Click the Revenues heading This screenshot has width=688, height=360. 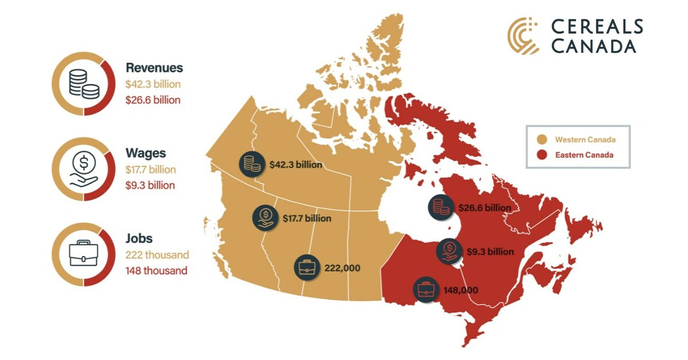(154, 68)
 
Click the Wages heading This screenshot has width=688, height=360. (146, 154)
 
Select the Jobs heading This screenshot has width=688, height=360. (139, 238)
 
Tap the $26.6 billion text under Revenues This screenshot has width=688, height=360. (153, 100)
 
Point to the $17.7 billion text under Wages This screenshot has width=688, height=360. (151, 170)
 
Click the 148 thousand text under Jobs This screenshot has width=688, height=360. (156, 271)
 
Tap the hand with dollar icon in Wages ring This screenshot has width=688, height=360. (84, 170)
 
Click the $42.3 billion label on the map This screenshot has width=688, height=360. (295, 165)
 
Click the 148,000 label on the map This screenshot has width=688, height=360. (460, 290)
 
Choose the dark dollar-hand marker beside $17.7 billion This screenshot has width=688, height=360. (265, 218)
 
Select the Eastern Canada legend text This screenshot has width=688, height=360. (584, 155)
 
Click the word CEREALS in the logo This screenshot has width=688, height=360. (597, 27)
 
